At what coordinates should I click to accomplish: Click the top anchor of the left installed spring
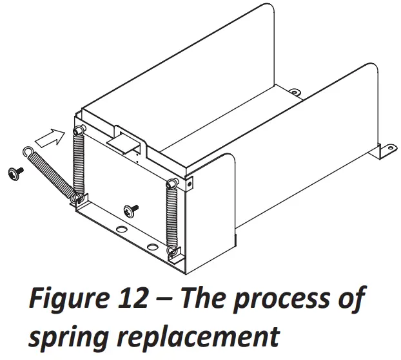(x=79, y=131)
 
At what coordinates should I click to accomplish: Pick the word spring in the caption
(x=74, y=337)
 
